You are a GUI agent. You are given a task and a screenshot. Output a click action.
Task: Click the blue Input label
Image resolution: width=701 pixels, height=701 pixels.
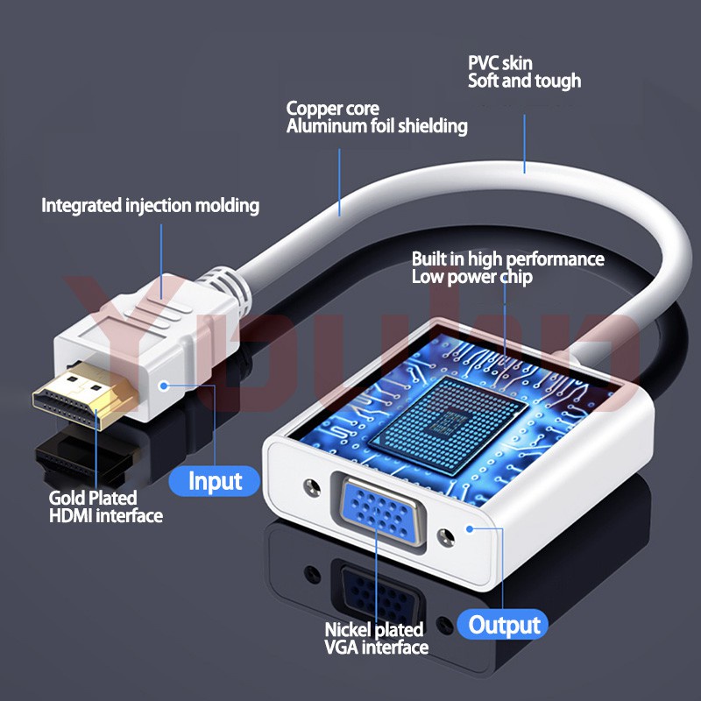point(214,481)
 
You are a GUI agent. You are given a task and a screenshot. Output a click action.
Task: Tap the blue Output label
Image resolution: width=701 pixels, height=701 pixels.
point(503,625)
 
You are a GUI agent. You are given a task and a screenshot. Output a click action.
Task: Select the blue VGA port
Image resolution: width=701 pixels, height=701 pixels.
point(379,513)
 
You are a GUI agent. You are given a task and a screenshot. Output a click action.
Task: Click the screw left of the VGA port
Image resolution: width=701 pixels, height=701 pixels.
point(312,487)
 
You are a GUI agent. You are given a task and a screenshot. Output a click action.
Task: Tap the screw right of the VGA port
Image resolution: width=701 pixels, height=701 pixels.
point(445,537)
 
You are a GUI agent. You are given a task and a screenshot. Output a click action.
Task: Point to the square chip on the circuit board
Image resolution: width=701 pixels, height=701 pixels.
point(448,425)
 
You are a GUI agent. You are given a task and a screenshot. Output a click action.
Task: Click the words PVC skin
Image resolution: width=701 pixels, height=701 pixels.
point(500,63)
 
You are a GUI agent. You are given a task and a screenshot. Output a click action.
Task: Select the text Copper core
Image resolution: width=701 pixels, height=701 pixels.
point(333,109)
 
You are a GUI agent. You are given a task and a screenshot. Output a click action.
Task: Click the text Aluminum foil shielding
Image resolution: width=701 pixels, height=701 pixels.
point(377,126)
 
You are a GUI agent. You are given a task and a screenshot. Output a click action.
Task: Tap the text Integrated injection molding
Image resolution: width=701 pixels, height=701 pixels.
point(150,206)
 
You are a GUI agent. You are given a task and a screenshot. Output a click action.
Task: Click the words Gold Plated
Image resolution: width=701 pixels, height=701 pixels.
point(93,498)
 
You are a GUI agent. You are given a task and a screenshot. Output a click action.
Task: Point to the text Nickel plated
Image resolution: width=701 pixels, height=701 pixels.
point(374,629)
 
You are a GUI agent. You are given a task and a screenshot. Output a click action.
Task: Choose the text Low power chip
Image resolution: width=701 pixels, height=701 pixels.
point(472,277)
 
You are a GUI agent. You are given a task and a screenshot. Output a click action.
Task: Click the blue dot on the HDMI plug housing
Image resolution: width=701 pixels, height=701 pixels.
point(164,386)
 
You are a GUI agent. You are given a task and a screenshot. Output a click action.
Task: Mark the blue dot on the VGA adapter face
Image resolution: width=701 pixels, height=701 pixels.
point(470,529)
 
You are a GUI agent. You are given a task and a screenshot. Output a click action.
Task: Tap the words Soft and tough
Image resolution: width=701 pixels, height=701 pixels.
point(524,81)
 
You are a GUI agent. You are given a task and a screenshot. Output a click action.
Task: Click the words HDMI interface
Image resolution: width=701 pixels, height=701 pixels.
point(106,515)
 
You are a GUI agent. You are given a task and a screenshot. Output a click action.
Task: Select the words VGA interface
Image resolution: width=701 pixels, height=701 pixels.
point(377,648)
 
